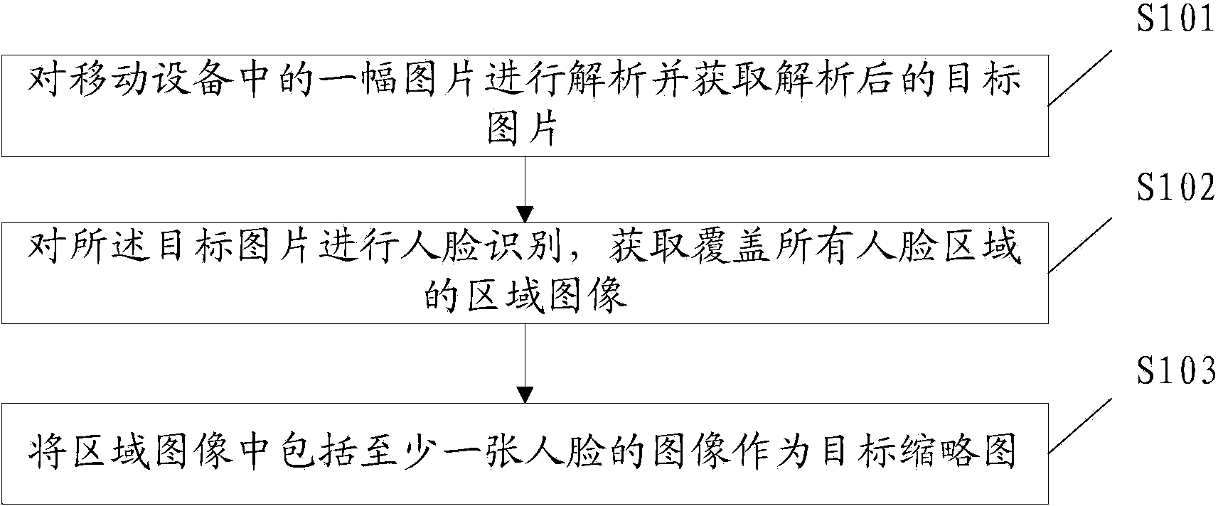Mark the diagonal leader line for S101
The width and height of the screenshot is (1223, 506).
pos(1082,77)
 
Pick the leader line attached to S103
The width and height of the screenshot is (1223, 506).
pos(1082,426)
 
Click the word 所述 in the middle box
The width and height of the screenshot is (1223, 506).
pos(114,249)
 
